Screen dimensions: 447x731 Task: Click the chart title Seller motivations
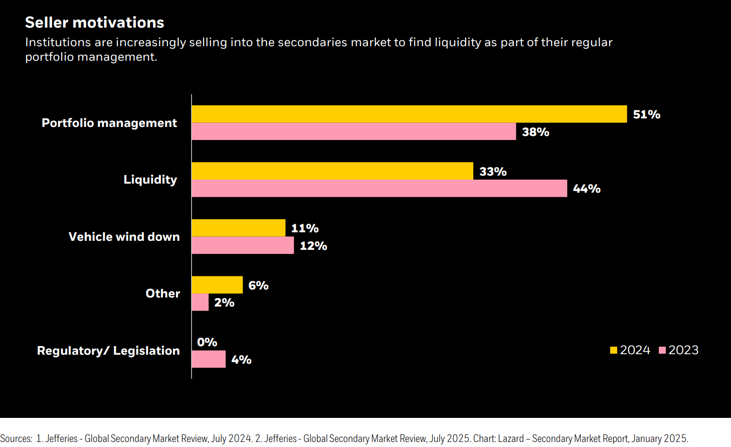click(94, 23)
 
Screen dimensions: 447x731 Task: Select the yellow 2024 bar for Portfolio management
click(409, 114)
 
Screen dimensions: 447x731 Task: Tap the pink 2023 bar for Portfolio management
click(353, 131)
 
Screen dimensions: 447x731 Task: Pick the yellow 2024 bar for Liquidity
click(332, 171)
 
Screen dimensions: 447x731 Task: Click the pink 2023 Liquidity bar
click(379, 189)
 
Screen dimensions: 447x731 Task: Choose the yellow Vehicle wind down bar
click(238, 228)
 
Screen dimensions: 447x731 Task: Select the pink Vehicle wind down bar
click(243, 245)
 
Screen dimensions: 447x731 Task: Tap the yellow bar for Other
click(217, 285)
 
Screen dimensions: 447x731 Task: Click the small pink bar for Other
click(200, 303)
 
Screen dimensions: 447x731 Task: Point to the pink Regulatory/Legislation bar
click(209, 359)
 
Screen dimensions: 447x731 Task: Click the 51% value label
click(646, 114)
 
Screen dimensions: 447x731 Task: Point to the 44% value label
click(587, 189)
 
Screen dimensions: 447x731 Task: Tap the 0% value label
click(207, 342)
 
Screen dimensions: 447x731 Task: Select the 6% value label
click(258, 285)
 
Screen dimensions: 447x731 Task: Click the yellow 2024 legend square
click(614, 350)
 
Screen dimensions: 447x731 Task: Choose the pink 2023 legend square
click(662, 350)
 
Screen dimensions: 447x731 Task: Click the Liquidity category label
click(150, 180)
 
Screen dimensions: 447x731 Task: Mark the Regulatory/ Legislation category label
click(108, 351)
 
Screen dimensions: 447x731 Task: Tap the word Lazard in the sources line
click(510, 438)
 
